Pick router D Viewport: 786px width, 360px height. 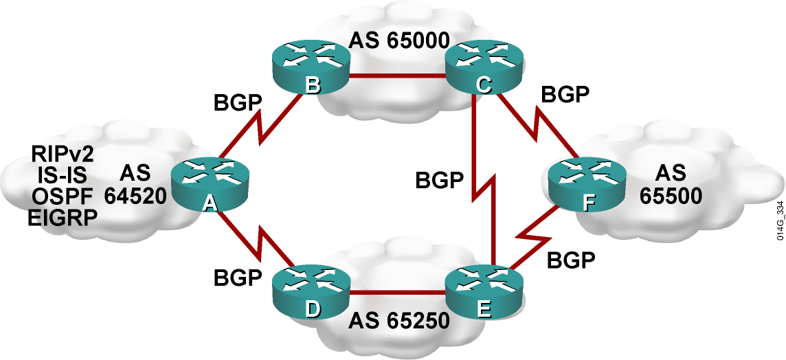point(311,293)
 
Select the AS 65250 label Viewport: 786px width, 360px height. point(398,321)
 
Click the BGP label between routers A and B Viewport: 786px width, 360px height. point(238,103)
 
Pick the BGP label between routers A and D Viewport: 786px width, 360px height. point(238,277)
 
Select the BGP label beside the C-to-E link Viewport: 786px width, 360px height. point(439,180)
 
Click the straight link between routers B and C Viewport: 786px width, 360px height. point(398,77)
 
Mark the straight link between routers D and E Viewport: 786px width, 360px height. point(398,293)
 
